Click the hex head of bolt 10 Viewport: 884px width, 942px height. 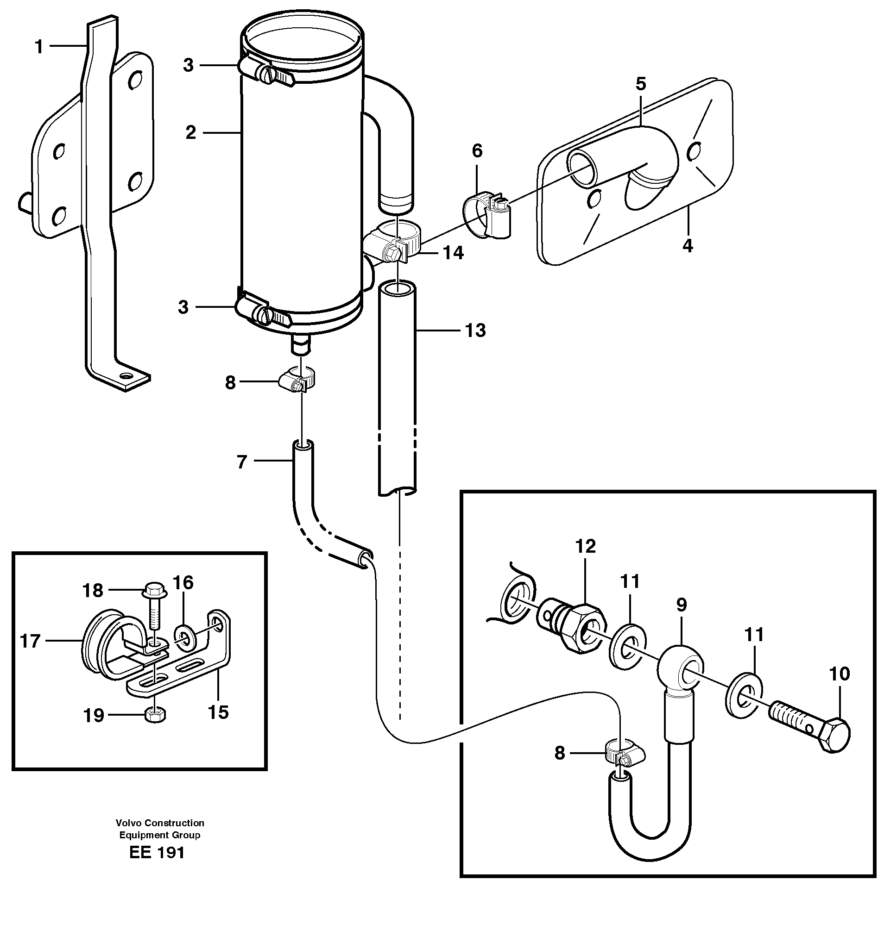click(x=833, y=735)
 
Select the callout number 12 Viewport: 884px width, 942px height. click(x=585, y=546)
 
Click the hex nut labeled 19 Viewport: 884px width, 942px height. click(x=155, y=715)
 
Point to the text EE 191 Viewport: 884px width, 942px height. click(x=157, y=866)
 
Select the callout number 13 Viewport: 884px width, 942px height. click(x=475, y=330)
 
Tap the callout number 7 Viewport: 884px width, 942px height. click(x=242, y=461)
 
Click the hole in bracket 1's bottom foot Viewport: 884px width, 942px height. click(x=126, y=375)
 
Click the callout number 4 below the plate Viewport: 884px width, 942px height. click(x=687, y=245)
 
